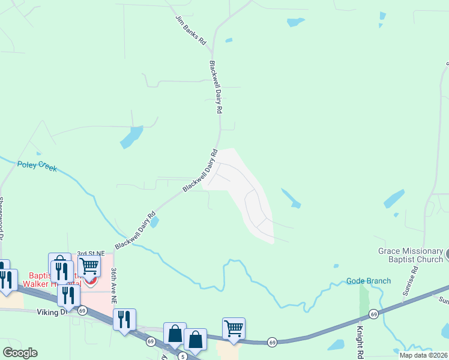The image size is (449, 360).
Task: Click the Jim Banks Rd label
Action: click(191, 32)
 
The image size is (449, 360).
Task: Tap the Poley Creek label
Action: click(37, 166)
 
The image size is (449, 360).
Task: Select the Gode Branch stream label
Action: click(368, 281)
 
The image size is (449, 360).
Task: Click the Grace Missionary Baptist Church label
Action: click(409, 256)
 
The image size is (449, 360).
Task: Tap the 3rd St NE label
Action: click(90, 254)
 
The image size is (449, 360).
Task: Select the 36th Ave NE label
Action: click(114, 286)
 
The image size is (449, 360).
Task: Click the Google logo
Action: click(20, 353)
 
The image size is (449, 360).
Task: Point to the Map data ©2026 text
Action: click(424, 355)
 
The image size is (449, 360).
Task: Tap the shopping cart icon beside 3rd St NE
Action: click(88, 265)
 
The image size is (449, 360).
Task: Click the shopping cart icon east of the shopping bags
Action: click(234, 328)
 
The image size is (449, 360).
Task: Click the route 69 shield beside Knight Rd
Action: click(373, 314)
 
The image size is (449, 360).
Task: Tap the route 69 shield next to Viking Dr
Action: click(82, 310)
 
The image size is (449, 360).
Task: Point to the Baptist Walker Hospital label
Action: click(51, 280)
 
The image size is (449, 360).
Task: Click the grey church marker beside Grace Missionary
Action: click(445, 254)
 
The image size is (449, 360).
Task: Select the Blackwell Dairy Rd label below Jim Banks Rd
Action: click(217, 87)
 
